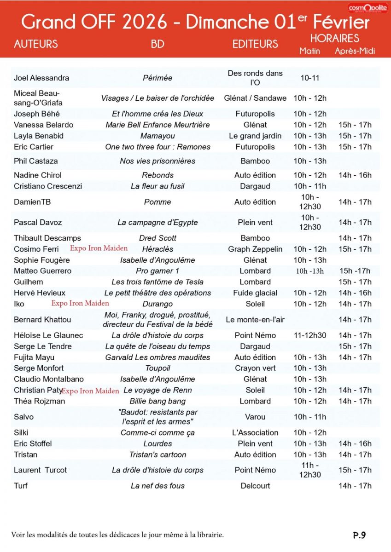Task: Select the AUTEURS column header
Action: (x=36, y=44)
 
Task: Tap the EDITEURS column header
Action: (x=255, y=44)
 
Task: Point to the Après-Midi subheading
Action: (x=355, y=51)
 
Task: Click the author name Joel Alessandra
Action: (x=41, y=78)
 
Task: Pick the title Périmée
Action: (x=158, y=78)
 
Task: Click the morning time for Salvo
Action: (x=310, y=417)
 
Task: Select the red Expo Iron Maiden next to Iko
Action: (x=80, y=303)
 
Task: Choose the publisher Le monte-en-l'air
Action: (x=255, y=320)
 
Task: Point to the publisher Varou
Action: (x=255, y=417)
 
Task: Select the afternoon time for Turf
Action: (x=355, y=486)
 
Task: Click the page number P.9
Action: (x=359, y=535)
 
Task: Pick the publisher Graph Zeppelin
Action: (x=255, y=249)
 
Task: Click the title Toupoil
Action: (x=158, y=368)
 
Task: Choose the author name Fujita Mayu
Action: (x=34, y=357)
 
